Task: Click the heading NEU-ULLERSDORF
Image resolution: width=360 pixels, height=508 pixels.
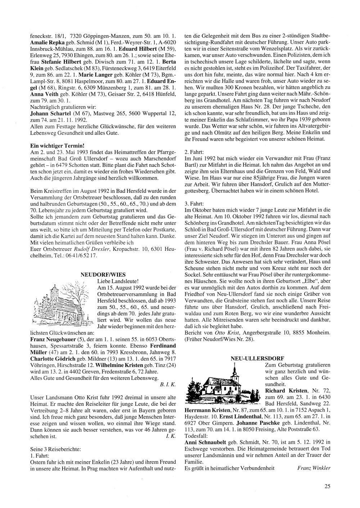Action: (x=257, y=358)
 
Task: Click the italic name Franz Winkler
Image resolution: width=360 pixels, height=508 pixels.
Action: (x=314, y=468)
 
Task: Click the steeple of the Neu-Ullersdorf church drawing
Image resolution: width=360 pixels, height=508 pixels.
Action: (x=234, y=369)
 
